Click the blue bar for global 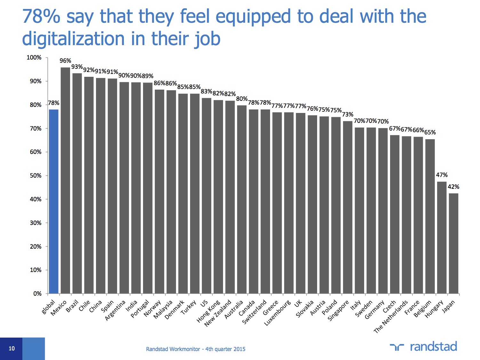[x=54, y=202]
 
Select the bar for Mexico [x=65, y=180]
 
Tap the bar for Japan [x=453, y=243]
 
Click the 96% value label [x=65, y=61]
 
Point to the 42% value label [x=453, y=187]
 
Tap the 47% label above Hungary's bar [x=442, y=175]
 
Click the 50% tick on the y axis [x=36, y=176]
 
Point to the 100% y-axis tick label [x=34, y=58]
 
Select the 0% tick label [x=37, y=294]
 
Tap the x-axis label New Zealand [x=218, y=313]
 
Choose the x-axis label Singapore [x=338, y=311]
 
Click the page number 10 [x=12, y=348]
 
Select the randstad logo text [x=433, y=347]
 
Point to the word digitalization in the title [x=73, y=39]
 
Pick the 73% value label [x=348, y=115]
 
